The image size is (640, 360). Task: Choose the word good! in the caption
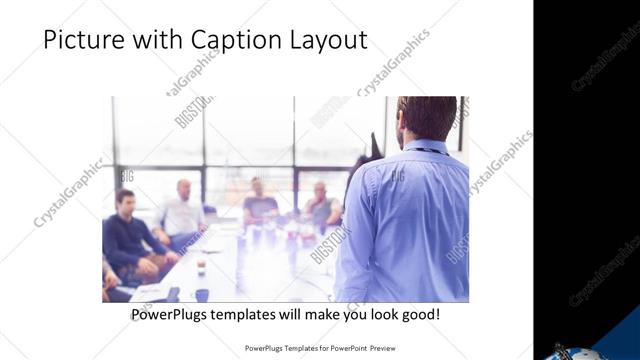click(x=418, y=315)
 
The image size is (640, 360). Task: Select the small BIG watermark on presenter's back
click(x=397, y=176)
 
